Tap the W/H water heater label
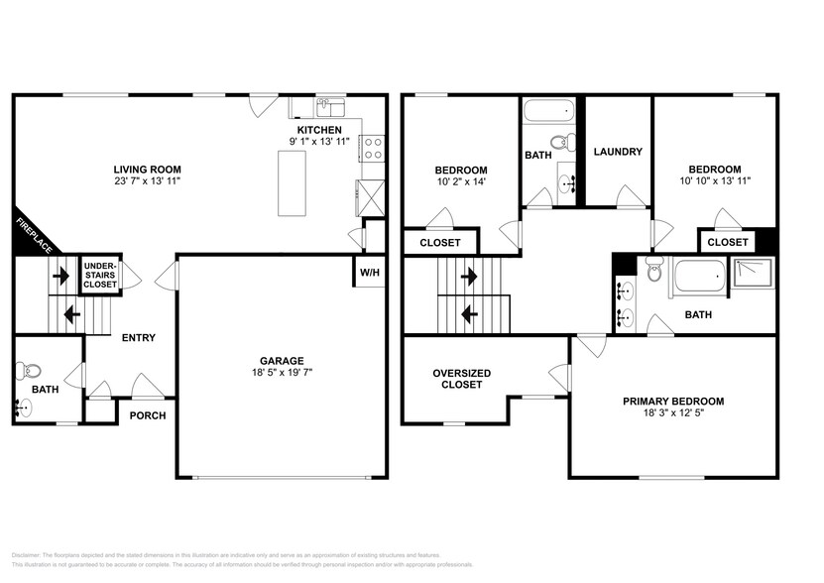368,273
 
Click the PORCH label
149,415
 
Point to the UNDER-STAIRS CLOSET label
99,275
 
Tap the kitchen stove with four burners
374,149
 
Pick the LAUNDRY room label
618,152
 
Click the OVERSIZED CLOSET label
457,379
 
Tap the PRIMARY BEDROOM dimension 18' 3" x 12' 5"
672,415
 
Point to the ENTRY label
139,338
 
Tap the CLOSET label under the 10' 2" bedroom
439,242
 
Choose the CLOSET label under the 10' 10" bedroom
727,242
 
